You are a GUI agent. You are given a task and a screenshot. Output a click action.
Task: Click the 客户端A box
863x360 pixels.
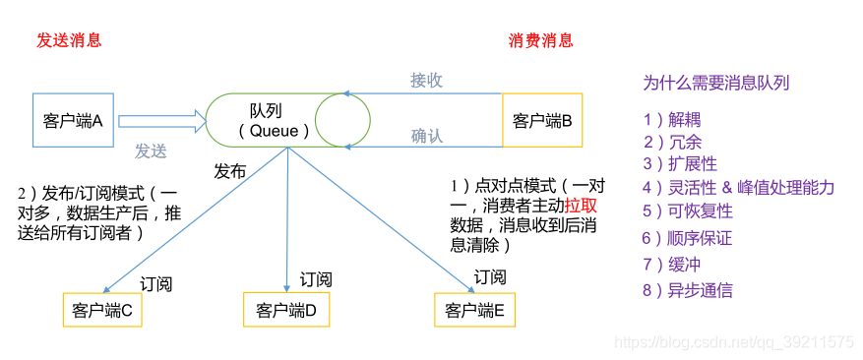(74, 121)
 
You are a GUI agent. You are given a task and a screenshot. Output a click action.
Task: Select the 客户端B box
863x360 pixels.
(542, 121)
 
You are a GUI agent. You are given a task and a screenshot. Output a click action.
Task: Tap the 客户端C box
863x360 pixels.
(102, 311)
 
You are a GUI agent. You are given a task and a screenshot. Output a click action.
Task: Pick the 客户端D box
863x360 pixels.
(285, 311)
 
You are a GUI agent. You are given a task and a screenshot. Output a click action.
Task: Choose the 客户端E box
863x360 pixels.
(475, 311)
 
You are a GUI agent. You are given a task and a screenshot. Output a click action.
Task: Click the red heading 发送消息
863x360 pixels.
(69, 40)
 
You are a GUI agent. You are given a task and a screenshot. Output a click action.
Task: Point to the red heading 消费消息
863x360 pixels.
(540, 40)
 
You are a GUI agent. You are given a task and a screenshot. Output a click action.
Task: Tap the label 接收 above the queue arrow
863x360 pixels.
(427, 80)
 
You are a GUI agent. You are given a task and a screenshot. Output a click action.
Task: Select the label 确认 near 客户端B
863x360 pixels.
(427, 136)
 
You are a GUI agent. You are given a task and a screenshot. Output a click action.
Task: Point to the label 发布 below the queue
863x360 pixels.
(230, 170)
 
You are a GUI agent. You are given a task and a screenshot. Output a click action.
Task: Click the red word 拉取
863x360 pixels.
(581, 206)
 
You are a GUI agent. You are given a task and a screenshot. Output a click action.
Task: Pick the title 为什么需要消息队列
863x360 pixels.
(715, 84)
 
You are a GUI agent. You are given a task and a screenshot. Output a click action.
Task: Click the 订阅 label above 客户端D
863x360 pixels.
(316, 279)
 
